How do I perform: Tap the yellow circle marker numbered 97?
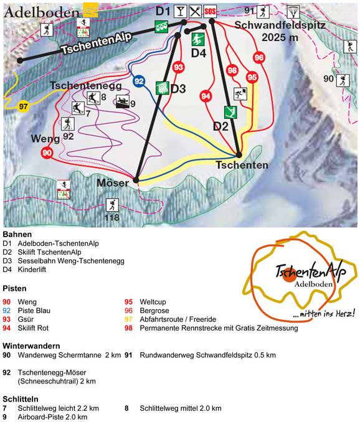24,106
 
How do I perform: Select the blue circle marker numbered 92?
139,81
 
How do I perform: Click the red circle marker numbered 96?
259,58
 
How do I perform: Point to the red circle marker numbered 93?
179,67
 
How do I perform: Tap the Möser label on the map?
113,183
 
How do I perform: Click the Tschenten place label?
242,166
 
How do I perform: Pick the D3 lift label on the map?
178,89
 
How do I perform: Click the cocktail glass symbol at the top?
181,11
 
